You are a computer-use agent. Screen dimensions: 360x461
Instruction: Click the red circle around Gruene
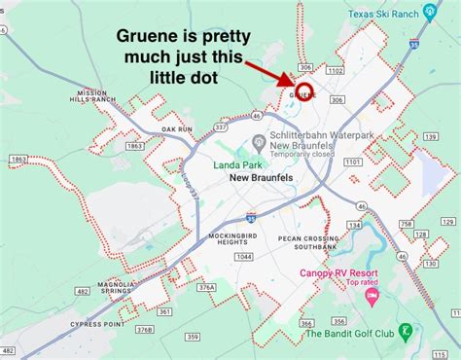point(303,92)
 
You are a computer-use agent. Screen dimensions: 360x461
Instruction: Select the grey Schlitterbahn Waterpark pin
point(255,139)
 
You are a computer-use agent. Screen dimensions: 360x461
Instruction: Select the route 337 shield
point(221,126)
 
